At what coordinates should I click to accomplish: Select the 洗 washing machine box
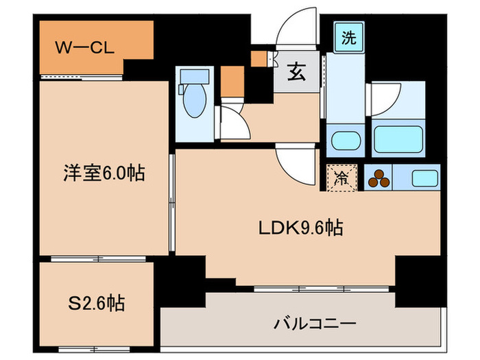tap(349, 38)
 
